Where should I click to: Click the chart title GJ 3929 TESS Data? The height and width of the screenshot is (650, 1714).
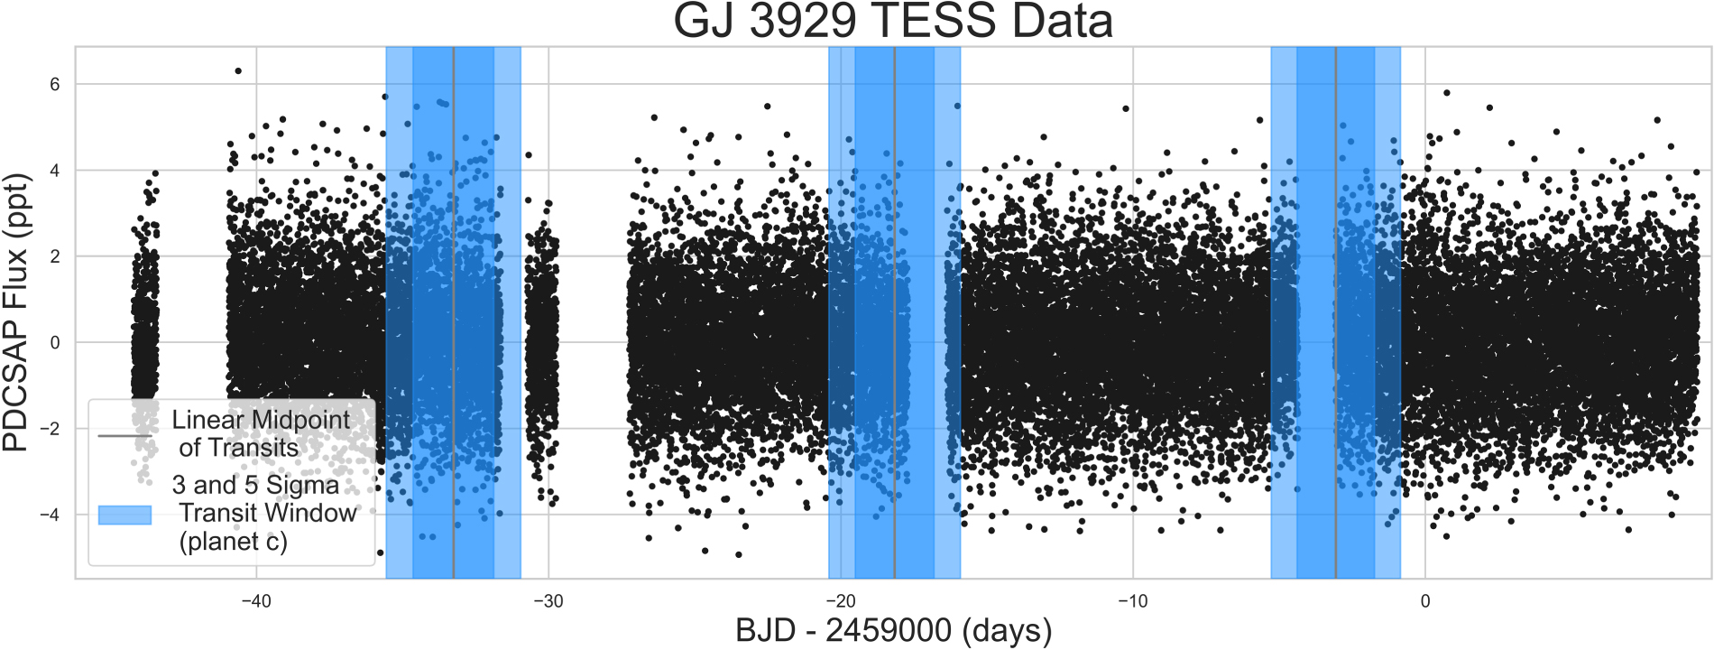pyautogui.click(x=893, y=22)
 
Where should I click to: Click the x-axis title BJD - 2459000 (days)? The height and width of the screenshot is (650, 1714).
pyautogui.click(x=893, y=630)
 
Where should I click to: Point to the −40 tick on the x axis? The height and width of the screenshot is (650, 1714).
pyautogui.click(x=256, y=601)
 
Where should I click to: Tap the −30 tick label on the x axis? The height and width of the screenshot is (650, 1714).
pyautogui.click(x=548, y=601)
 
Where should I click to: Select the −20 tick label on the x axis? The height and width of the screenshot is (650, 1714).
pyautogui.click(x=840, y=601)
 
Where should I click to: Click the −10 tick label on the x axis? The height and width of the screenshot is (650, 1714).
pyautogui.click(x=1132, y=601)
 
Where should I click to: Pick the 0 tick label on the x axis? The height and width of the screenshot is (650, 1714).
pyautogui.click(x=1424, y=601)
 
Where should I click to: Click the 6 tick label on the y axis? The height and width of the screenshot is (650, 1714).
pyautogui.click(x=55, y=85)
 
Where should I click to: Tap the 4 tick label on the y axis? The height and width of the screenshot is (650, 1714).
pyautogui.click(x=55, y=171)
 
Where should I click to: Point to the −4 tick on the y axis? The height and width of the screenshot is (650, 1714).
pyautogui.click(x=50, y=515)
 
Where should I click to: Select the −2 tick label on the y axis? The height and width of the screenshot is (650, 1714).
pyautogui.click(x=50, y=429)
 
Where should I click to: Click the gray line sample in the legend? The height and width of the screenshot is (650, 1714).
pyautogui.click(x=124, y=436)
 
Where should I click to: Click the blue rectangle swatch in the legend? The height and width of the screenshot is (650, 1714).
pyautogui.click(x=124, y=515)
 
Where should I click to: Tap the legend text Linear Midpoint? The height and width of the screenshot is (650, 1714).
pyautogui.click(x=261, y=420)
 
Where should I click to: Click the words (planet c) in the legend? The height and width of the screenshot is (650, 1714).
pyautogui.click(x=233, y=542)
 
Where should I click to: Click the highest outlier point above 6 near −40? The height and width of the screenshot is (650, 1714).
pyautogui.click(x=238, y=70)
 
